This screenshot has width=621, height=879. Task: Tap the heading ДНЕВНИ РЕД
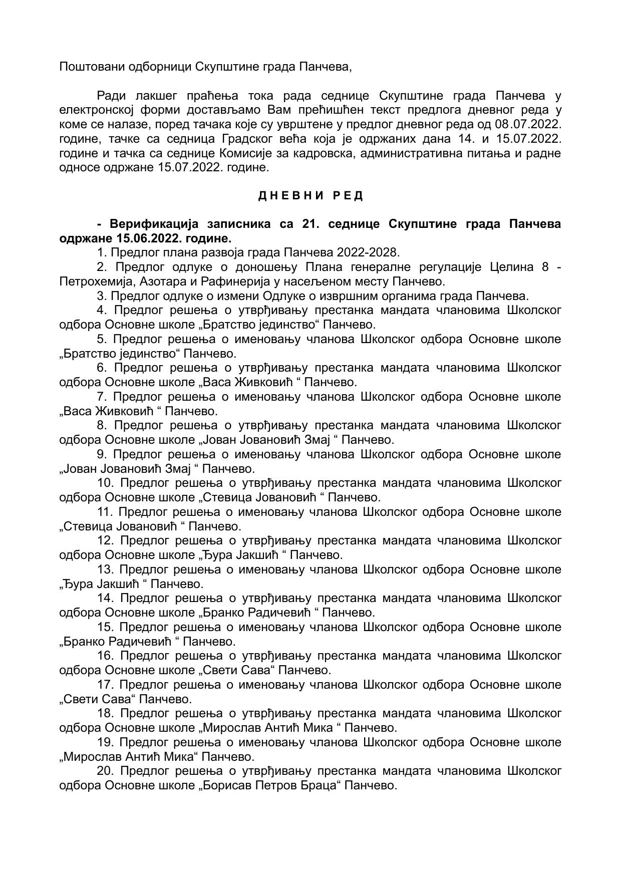coord(310,196)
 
